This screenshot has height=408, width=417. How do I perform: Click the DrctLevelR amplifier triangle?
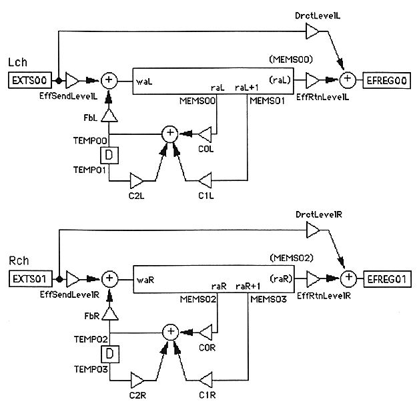tap(312, 228)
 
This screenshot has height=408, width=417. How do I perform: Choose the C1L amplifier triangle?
tap(206, 180)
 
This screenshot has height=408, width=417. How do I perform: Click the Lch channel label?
tap(16, 65)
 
